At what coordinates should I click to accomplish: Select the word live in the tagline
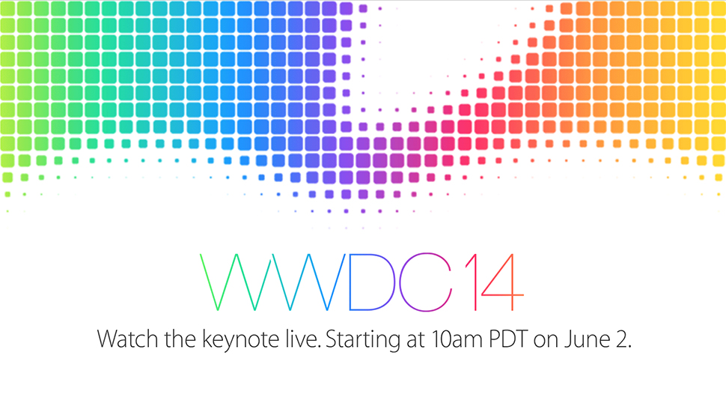click(x=302, y=339)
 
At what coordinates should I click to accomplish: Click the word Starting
click(x=363, y=340)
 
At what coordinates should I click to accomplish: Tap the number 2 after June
click(x=621, y=339)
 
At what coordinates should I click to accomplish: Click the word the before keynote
click(x=181, y=339)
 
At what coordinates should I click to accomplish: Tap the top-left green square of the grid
click(x=7, y=8)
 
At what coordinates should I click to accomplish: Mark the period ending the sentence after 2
click(x=629, y=347)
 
